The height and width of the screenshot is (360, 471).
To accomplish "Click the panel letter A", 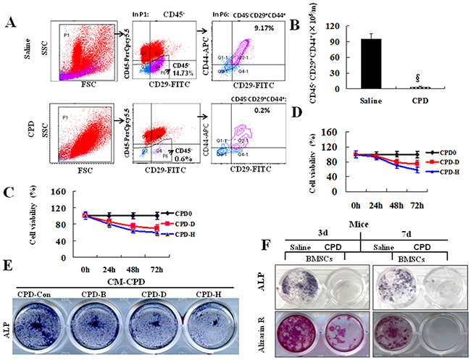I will pyautogui.click(x=10, y=22).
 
